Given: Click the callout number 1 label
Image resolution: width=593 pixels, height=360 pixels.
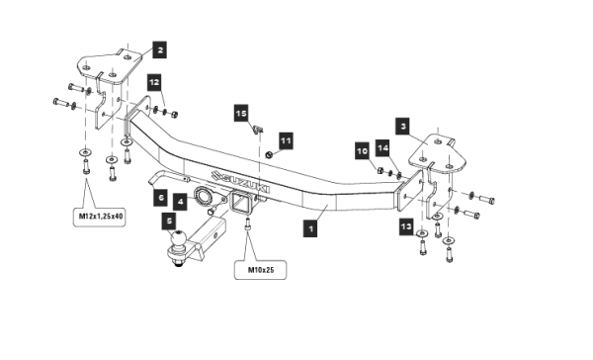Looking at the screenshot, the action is click(x=310, y=228).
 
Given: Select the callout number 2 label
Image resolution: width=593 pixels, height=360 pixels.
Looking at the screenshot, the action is click(x=159, y=49).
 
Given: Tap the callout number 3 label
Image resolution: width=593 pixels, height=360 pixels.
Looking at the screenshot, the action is click(x=403, y=126).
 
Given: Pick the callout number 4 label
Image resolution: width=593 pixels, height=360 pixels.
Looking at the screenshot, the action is click(x=180, y=202).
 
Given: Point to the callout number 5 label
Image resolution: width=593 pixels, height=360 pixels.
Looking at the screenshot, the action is click(x=169, y=222).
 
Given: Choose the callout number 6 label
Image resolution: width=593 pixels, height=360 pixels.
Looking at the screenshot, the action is click(x=161, y=198).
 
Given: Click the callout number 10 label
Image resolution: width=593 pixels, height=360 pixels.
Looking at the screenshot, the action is click(x=362, y=151).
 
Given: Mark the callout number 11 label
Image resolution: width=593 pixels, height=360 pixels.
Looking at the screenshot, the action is click(x=286, y=140).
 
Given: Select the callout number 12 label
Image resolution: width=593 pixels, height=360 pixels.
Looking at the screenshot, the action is click(x=154, y=82).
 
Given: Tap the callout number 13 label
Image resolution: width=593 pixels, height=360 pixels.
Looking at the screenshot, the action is click(x=406, y=226).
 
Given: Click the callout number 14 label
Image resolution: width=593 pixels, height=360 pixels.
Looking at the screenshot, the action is click(x=382, y=147).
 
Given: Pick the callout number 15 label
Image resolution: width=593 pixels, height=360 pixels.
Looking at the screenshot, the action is click(x=241, y=113).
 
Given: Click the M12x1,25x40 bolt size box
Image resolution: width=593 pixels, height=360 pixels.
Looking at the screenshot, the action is click(x=100, y=217).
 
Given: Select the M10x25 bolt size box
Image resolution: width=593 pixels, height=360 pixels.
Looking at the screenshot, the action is click(x=260, y=270).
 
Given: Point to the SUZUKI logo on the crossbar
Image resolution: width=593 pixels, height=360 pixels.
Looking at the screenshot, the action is click(x=240, y=181).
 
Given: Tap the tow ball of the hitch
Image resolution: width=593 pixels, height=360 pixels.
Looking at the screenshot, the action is click(x=177, y=239).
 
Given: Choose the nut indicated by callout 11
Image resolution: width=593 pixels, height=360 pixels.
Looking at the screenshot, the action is click(x=269, y=154).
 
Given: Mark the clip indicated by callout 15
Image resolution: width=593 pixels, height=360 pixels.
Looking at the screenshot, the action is click(x=257, y=131).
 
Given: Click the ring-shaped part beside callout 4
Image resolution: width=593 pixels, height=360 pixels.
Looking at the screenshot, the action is click(x=203, y=196).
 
